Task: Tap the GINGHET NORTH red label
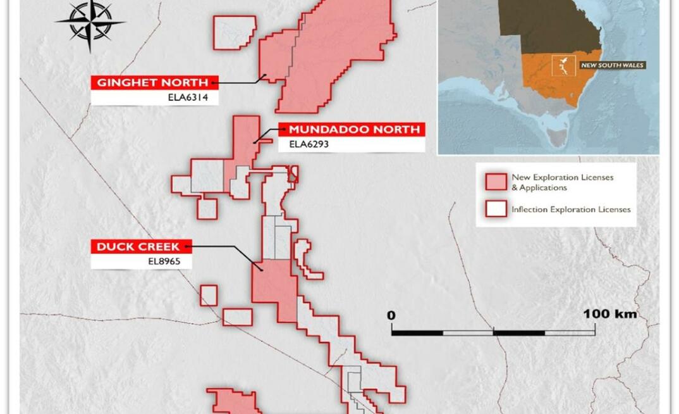tap(152, 82)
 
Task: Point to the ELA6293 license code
tap(309, 144)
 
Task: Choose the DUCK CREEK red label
tap(138, 246)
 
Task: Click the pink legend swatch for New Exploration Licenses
tap(496, 182)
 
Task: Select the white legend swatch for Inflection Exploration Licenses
tap(496, 209)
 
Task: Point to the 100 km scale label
tap(609, 314)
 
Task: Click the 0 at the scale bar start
tap(391, 315)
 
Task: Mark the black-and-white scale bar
tap(493, 332)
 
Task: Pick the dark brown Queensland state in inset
tap(550, 25)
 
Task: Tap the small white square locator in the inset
tap(561, 65)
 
